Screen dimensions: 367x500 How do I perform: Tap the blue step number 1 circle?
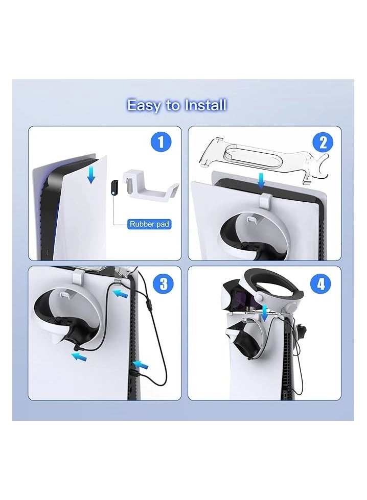[161, 142]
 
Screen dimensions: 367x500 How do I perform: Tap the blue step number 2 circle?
[323, 142]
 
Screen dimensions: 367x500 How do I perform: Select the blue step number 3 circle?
[164, 283]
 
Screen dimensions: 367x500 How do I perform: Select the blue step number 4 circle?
[321, 283]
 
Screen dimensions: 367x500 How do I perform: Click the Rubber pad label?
[149, 224]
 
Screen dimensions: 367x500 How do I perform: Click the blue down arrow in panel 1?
[91, 176]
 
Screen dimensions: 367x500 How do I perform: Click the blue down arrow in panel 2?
[262, 181]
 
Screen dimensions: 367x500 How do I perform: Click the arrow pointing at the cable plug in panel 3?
[79, 357]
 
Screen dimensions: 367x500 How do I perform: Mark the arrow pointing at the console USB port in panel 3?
[141, 365]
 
